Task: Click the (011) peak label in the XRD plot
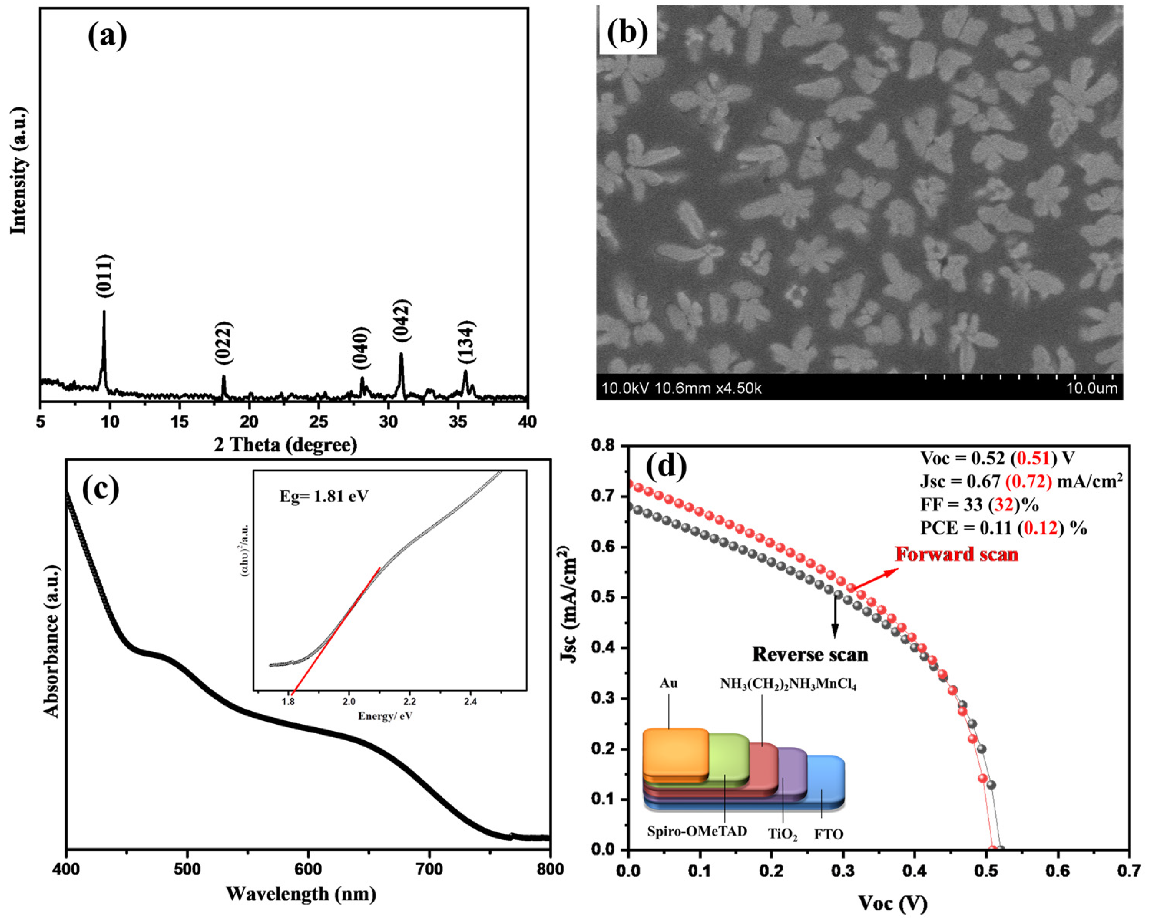point(105,276)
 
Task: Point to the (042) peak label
point(401,320)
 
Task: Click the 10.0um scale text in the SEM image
point(1092,388)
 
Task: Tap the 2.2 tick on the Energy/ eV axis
point(410,701)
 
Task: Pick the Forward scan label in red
point(957,554)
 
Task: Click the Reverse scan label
point(810,655)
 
